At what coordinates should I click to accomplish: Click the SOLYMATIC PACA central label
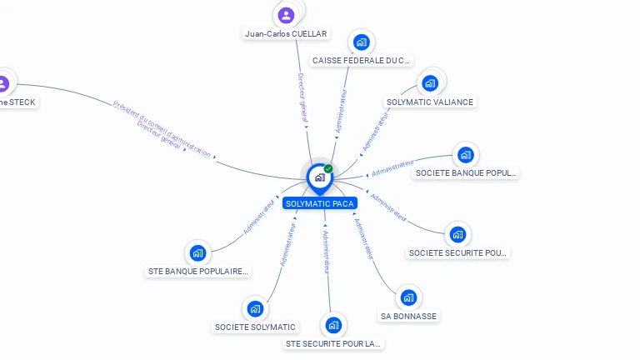[x=319, y=203]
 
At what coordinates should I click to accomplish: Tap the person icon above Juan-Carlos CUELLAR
[x=286, y=15]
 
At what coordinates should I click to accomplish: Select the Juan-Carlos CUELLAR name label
[x=286, y=34]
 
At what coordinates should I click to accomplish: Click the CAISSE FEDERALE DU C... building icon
[x=361, y=42]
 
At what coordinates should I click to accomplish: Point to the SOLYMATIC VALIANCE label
[x=430, y=102]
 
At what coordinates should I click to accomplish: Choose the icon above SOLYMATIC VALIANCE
[x=430, y=82]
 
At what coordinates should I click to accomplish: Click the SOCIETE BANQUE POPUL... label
[x=466, y=173]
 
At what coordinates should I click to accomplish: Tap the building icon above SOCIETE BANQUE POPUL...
[x=466, y=154]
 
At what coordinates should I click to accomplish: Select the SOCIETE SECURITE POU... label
[x=457, y=252]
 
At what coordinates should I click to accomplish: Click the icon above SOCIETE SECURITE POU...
[x=457, y=233]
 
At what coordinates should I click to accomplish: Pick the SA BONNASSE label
[x=408, y=317]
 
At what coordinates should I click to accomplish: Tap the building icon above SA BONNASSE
[x=408, y=297]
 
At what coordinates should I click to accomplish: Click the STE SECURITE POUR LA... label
[x=333, y=343]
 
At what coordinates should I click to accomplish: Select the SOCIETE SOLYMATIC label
[x=255, y=327]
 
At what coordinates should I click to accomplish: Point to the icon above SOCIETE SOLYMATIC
[x=255, y=308]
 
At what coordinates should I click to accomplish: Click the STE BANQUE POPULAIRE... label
[x=197, y=271]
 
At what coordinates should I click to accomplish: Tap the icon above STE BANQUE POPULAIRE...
[x=197, y=252]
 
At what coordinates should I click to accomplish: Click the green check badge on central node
[x=328, y=169]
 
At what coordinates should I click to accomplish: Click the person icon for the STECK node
[x=3, y=83]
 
